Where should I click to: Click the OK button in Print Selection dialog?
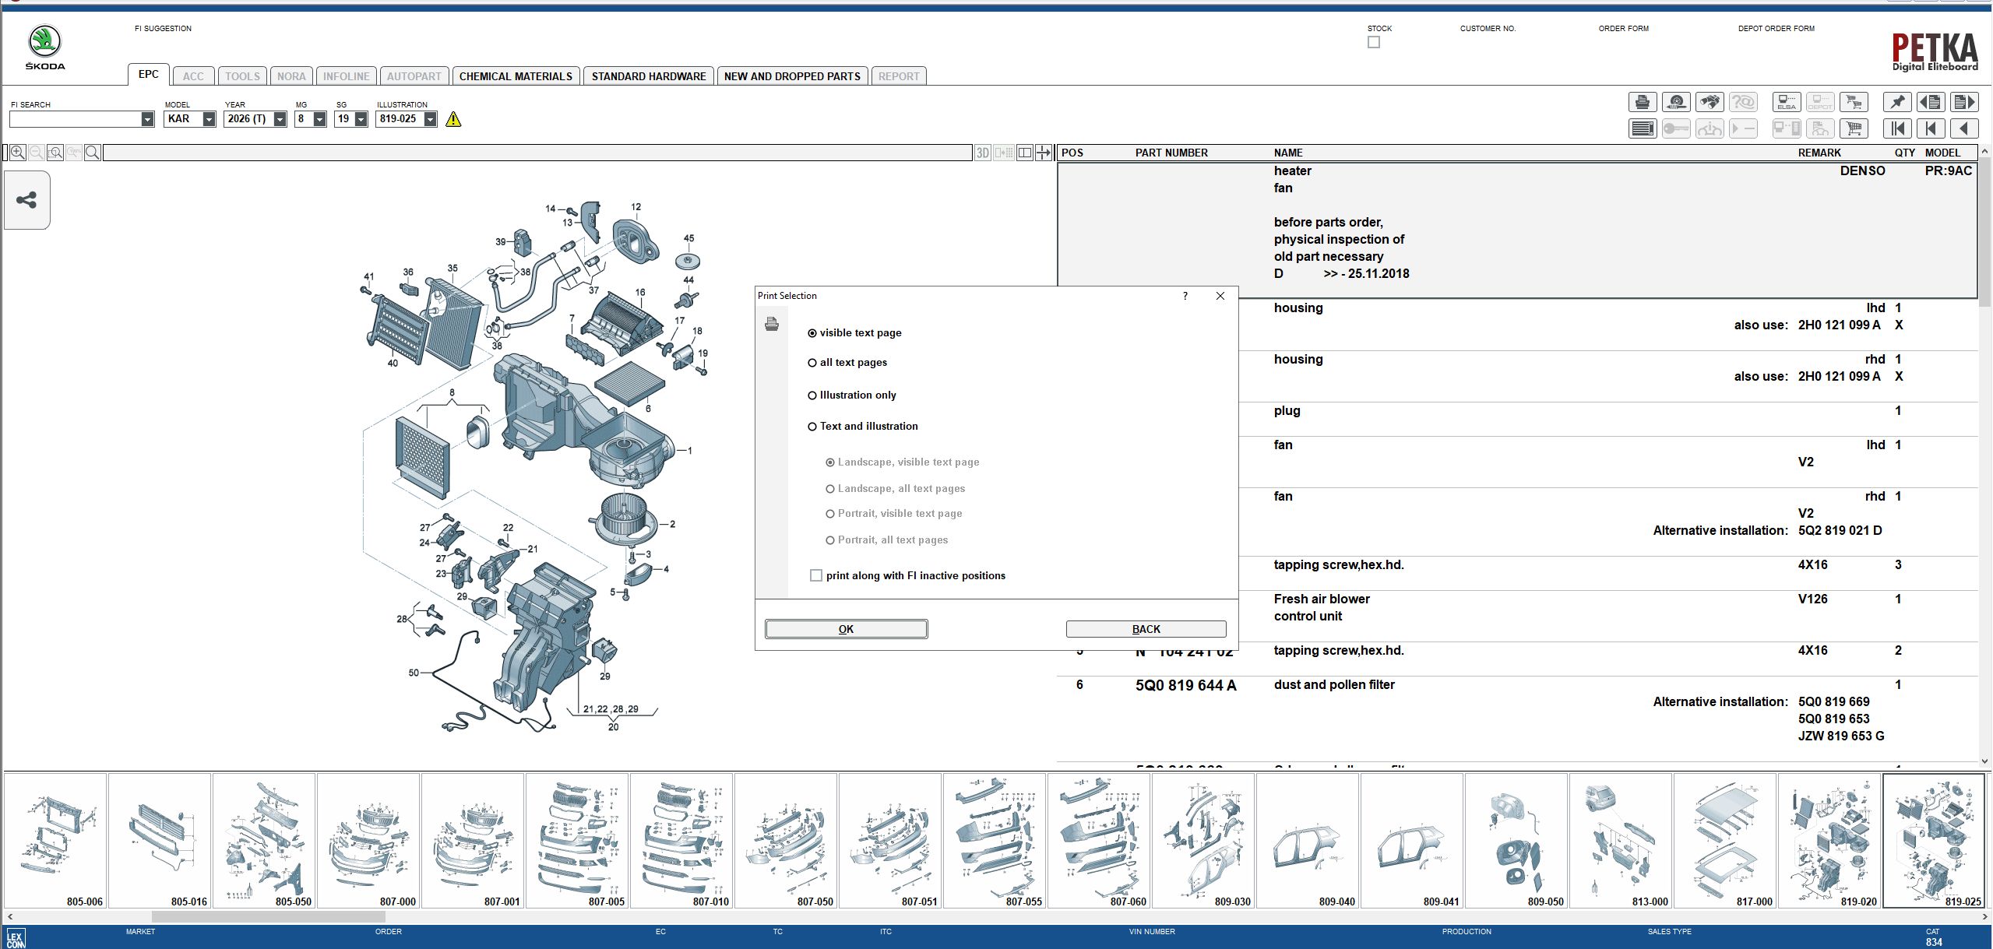tap(846, 629)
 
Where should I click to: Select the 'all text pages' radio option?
tap(812, 363)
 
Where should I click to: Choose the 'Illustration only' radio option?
tap(812, 395)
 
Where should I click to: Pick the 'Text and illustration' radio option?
tap(812, 427)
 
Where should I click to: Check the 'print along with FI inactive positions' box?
tap(816, 575)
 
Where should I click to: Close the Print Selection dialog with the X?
tap(1220, 296)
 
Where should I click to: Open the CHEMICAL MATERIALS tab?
tap(516, 76)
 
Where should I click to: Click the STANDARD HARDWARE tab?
tap(649, 76)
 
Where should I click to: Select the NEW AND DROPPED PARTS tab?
tap(792, 76)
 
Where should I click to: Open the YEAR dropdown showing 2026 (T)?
tap(280, 119)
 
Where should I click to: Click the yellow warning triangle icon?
tap(453, 119)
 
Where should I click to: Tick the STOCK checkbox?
tap(1374, 42)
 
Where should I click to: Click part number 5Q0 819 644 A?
tap(1185, 685)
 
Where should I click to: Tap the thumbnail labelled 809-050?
tap(1516, 841)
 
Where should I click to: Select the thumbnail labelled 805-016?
tap(160, 841)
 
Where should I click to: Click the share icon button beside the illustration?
tap(27, 200)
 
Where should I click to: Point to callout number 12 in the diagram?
tap(636, 207)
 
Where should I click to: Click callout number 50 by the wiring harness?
tap(414, 673)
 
